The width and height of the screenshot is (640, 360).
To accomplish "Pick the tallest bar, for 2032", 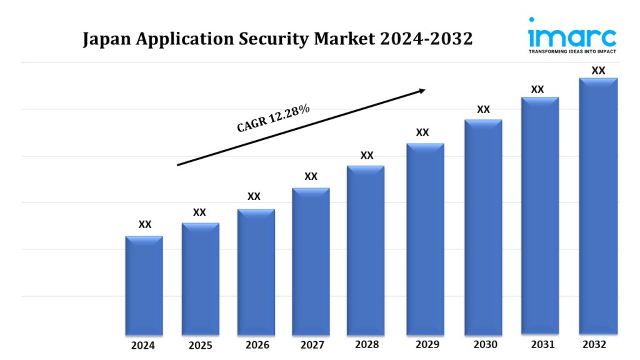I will click(598, 206).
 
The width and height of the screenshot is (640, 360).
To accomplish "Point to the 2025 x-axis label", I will click(201, 346).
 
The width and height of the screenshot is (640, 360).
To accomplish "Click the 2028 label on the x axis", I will click(366, 344).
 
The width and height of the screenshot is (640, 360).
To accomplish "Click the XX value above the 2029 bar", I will click(422, 132).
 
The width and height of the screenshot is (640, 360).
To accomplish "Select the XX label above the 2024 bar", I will click(145, 224).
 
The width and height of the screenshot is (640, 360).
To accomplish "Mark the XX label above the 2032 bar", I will click(598, 71).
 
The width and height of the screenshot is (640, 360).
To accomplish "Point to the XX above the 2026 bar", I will click(254, 196).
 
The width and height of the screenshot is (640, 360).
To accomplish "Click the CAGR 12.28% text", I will click(273, 118).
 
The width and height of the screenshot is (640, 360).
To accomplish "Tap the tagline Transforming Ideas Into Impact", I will click(572, 51).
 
